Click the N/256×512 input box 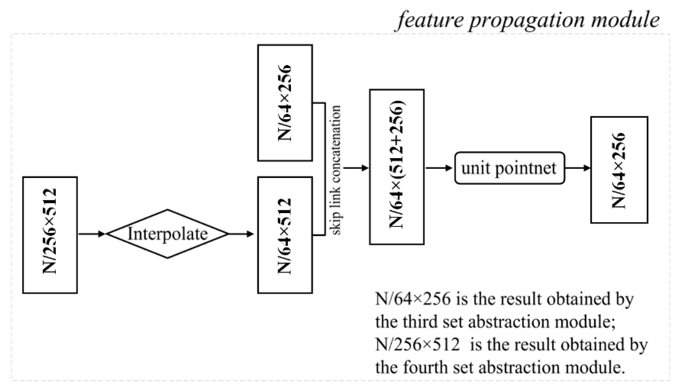[x=50, y=235]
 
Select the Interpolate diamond [x=167, y=234]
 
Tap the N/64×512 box [x=285, y=235]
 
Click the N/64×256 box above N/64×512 [x=285, y=103]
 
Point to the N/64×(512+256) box [x=396, y=167]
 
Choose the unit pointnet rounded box [x=509, y=168]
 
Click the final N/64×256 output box [x=619, y=170]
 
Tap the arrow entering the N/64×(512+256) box [x=355, y=168]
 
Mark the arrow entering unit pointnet [x=438, y=168]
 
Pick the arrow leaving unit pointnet [x=577, y=168]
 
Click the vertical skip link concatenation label [x=336, y=170]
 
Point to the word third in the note [x=420, y=322]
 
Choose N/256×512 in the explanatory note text [x=417, y=344]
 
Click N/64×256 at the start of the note [x=413, y=299]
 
